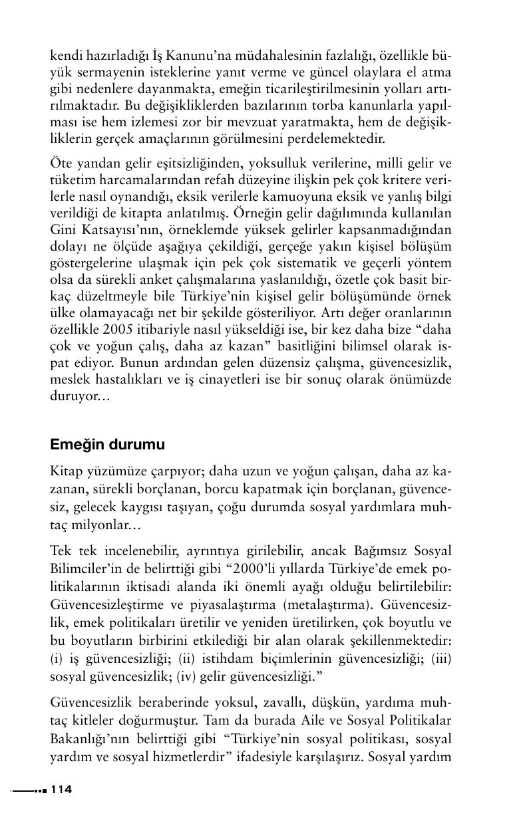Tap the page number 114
point(61,789)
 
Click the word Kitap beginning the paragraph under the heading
point(66,472)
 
